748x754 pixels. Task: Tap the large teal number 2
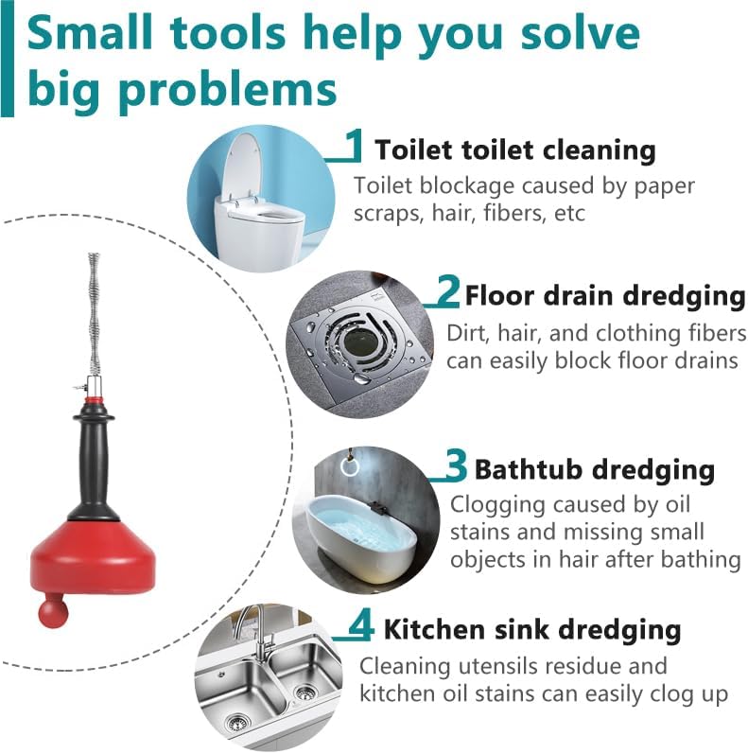448,290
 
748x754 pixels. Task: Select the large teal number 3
455,465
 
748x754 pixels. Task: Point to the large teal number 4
361,623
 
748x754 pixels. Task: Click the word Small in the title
90,33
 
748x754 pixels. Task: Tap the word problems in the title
227,91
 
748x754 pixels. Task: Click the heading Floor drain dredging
605,295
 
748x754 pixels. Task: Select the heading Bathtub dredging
594,470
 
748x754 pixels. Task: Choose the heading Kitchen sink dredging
532,629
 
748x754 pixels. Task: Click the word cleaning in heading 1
595,150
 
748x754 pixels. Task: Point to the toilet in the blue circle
253,202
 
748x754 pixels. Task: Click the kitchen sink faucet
256,629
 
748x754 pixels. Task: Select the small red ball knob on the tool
53,611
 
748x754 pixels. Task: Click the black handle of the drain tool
94,462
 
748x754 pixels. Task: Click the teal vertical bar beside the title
8,59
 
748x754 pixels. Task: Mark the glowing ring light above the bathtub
350,465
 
